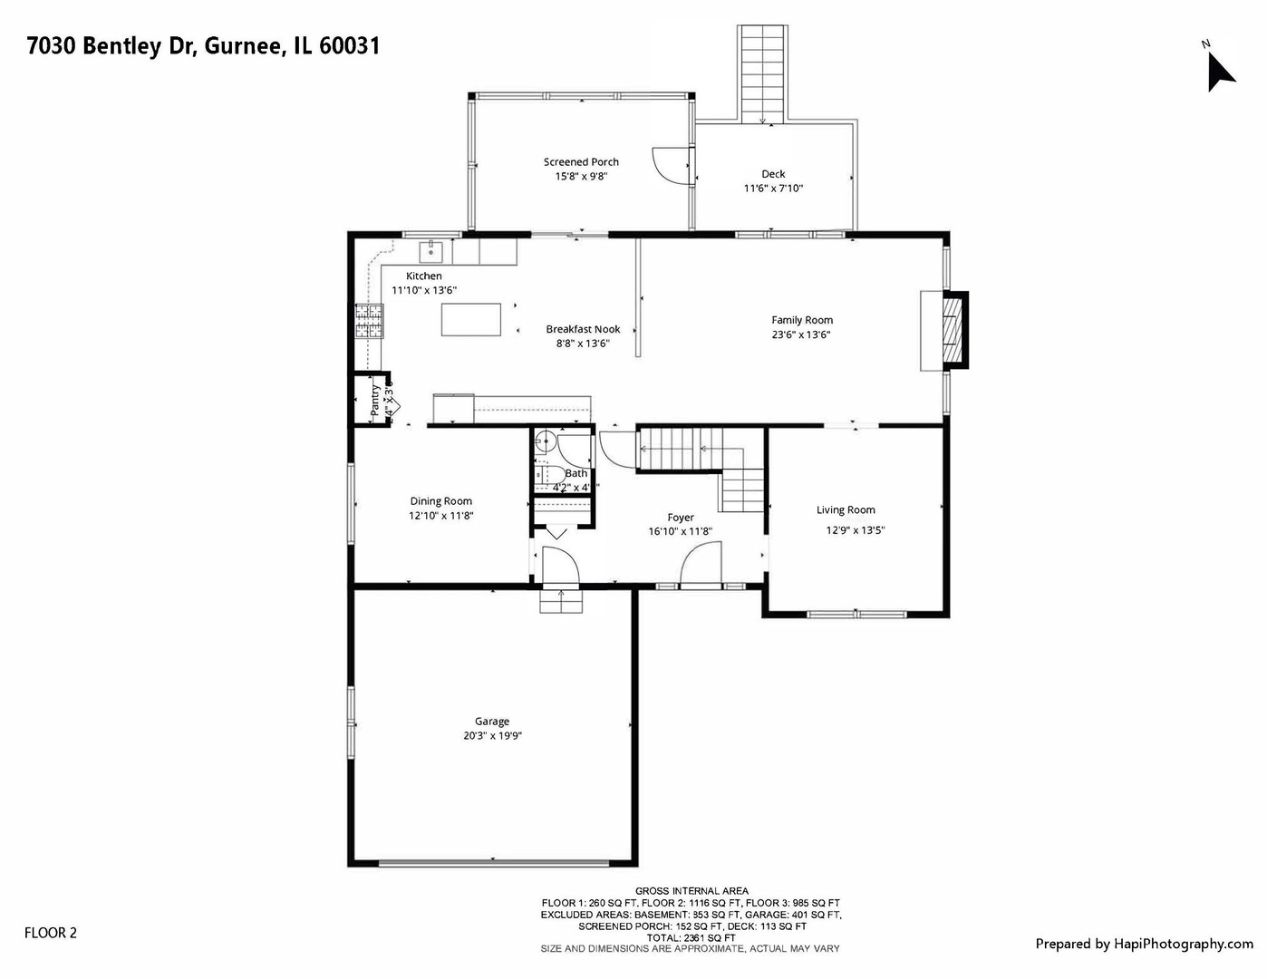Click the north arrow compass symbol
[1219, 69]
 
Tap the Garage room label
[492, 722]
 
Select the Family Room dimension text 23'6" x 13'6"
[801, 334]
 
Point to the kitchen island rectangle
[470, 319]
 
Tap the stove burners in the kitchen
[369, 321]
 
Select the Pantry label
[374, 401]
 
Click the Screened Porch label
[581, 162]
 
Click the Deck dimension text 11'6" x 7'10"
[773, 189]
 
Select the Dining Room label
[440, 501]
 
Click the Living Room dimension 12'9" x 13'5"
[855, 531]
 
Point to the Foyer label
[681, 518]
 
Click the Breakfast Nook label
[583, 329]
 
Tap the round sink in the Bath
[545, 442]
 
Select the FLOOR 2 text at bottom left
[51, 933]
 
